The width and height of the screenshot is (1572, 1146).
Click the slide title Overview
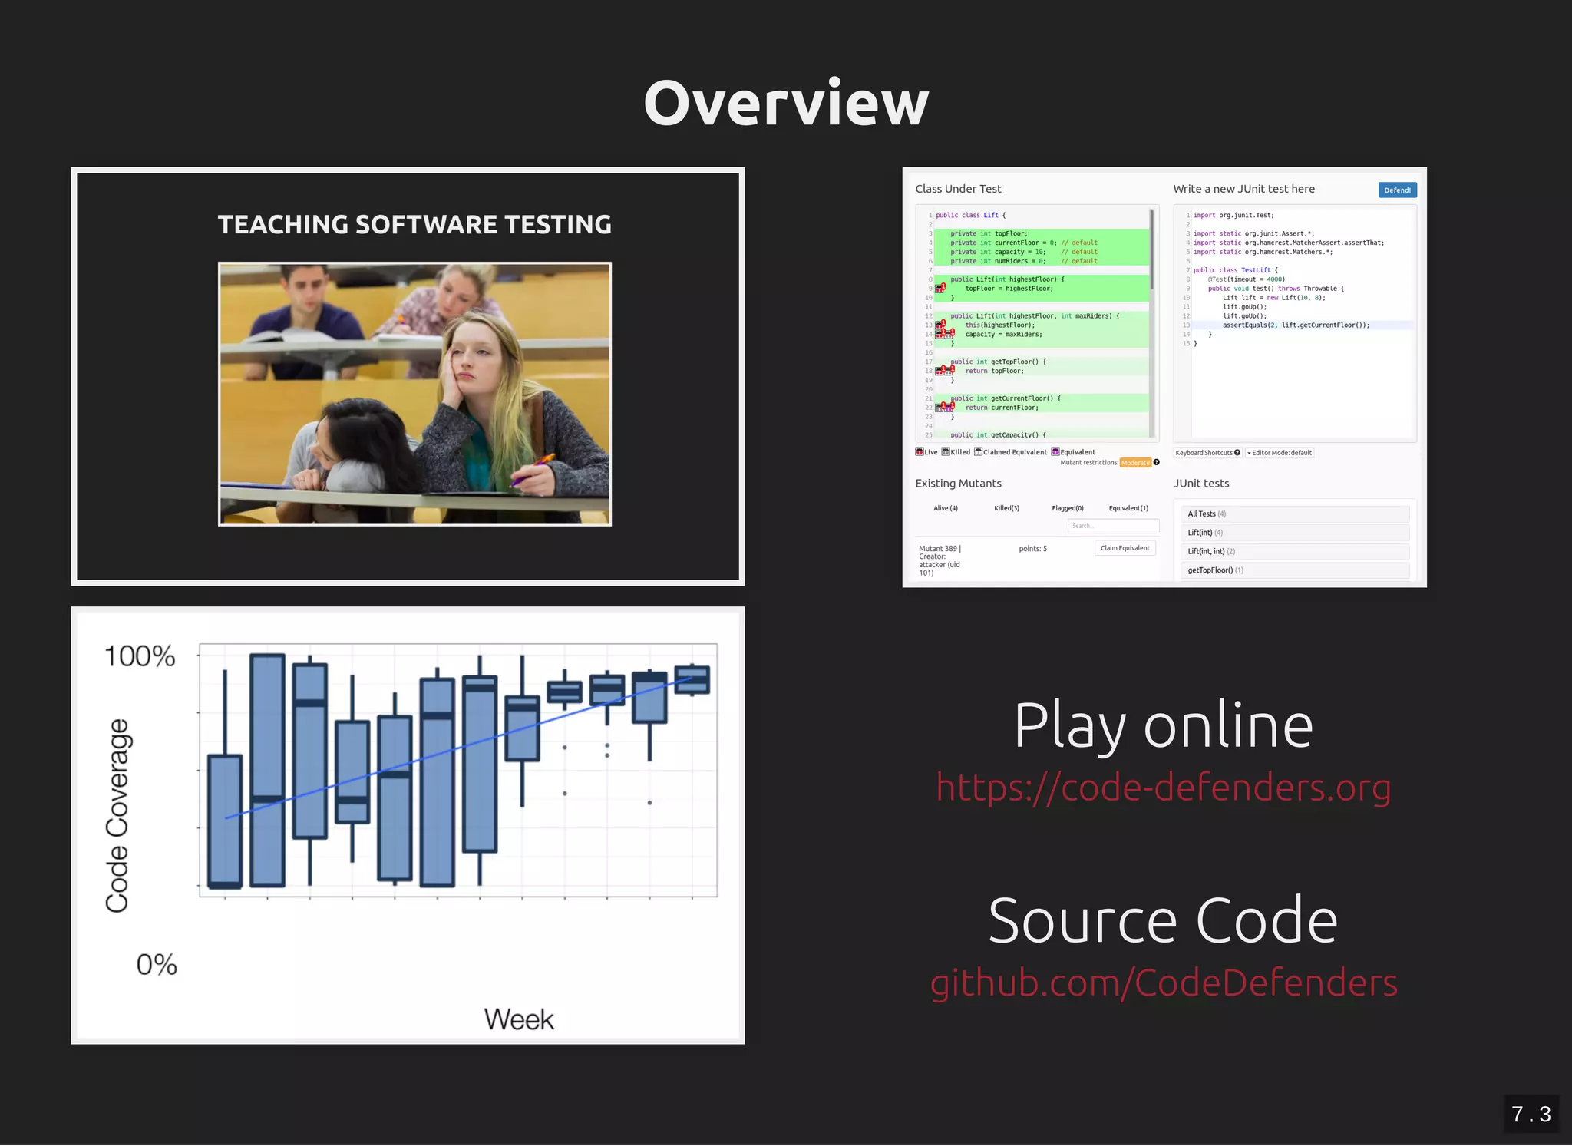tap(786, 103)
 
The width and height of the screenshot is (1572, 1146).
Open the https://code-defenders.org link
tap(1163, 788)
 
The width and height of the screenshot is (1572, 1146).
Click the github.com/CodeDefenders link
tap(1164, 983)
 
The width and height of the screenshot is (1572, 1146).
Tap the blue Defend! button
tap(1397, 190)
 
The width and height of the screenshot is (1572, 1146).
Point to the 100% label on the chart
tap(140, 656)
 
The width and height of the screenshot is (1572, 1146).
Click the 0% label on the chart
tap(157, 965)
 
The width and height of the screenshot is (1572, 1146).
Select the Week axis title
tap(519, 1019)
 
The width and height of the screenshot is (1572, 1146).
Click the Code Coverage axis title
tap(117, 815)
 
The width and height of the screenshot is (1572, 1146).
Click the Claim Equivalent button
tap(1125, 548)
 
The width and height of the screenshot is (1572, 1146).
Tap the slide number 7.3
tap(1531, 1114)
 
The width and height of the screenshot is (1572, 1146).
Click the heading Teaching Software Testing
tap(414, 225)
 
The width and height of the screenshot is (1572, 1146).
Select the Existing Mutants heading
tap(958, 484)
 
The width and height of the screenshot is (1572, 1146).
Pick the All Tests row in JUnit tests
tap(1294, 514)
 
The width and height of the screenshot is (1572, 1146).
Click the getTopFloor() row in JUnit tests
tap(1294, 570)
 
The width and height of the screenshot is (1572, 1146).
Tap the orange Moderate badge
tap(1135, 463)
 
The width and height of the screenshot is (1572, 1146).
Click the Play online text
tap(1163, 725)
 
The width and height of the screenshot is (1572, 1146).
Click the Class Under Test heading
tap(958, 189)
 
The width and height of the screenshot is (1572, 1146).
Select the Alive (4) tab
tap(946, 508)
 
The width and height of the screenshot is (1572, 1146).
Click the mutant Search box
tap(1112, 526)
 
